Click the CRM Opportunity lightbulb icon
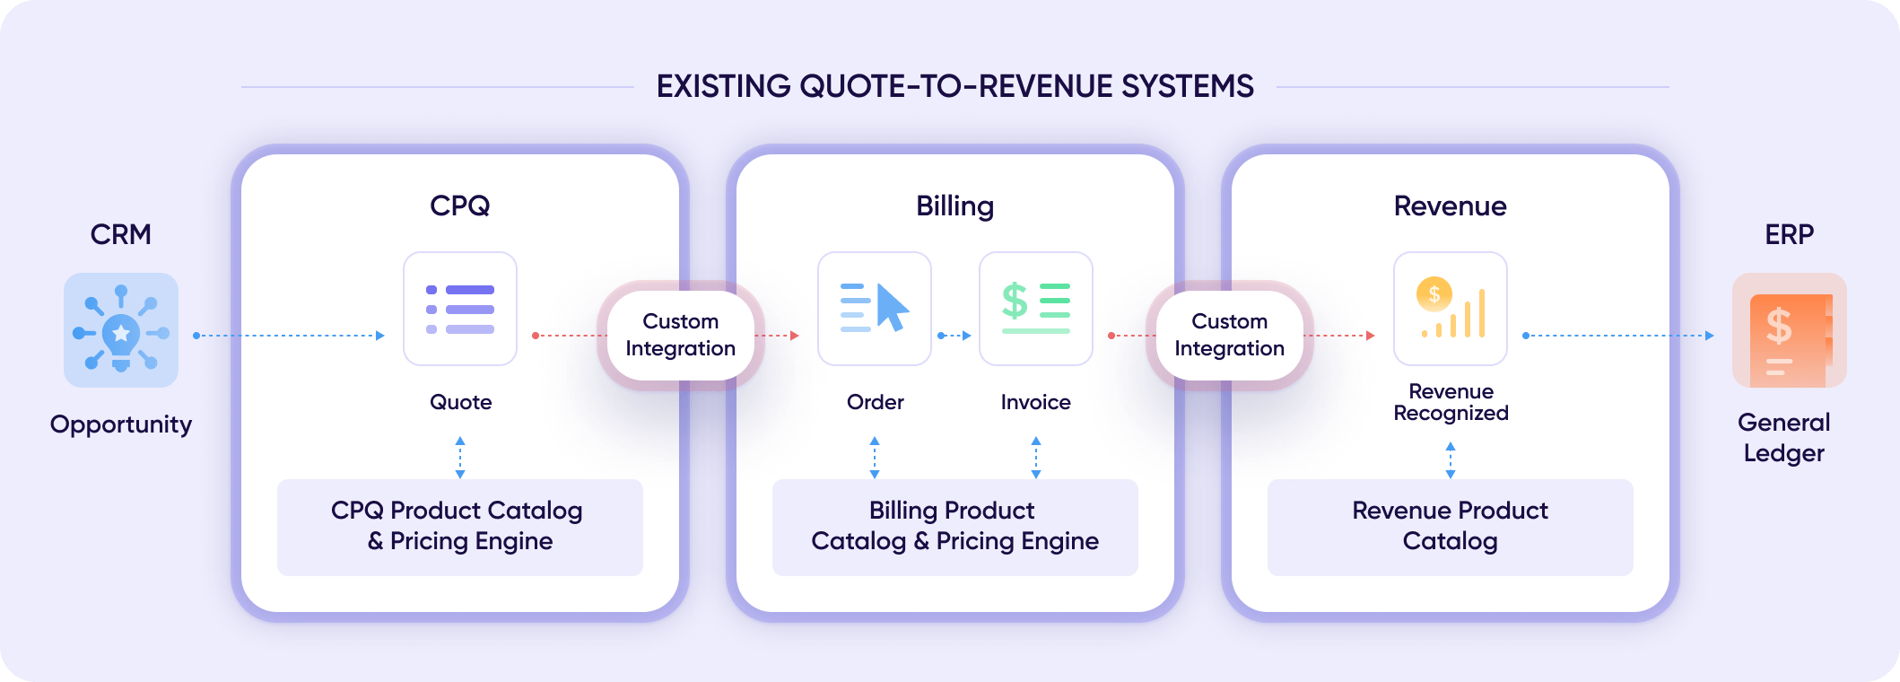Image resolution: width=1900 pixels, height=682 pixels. coord(121,330)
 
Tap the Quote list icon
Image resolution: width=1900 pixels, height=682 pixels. coord(460,309)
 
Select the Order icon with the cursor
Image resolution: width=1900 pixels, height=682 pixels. coord(875,309)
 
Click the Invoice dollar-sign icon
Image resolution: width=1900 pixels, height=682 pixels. coord(1036,309)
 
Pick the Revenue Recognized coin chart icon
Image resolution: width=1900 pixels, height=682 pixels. coord(1451,309)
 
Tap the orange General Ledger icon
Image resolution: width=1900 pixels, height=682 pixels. coord(1789,330)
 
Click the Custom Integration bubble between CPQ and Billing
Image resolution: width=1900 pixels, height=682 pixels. coord(681,335)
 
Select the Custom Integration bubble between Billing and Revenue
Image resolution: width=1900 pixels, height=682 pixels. coord(1230,335)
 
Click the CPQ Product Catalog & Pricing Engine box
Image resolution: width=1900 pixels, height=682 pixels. coord(460,527)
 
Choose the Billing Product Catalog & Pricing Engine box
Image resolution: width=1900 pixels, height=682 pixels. coord(955,527)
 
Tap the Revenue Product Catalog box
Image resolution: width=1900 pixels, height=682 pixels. coord(1451,527)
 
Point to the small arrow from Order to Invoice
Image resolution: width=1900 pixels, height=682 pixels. coord(955,336)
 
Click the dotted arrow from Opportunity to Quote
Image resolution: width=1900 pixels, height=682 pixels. coord(290,336)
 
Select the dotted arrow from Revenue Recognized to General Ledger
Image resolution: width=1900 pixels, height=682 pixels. coord(1619,336)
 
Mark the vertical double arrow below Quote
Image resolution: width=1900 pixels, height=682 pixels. coord(460,457)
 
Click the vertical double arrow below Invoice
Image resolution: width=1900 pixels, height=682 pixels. coord(1036,457)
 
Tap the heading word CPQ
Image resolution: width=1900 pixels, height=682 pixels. coord(460,205)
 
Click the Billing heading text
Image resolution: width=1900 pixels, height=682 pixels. coord(955,206)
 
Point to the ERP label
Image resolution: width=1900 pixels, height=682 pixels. coord(1789,234)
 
